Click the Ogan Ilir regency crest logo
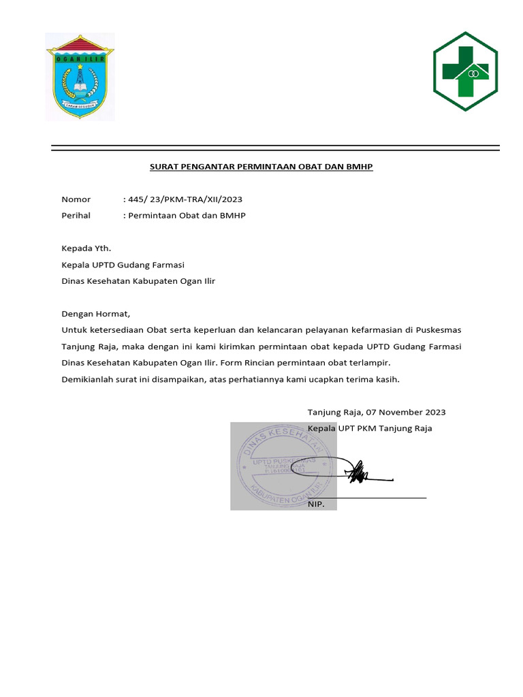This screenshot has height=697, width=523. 80,76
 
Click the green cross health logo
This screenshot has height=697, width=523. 466,71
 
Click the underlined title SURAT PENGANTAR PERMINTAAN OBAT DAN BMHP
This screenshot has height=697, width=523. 261,167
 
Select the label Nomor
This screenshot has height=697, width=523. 76,199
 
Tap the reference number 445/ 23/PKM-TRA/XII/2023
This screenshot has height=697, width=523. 185,199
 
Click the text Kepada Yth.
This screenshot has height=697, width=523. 86,248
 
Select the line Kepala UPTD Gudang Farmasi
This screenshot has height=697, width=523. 123,265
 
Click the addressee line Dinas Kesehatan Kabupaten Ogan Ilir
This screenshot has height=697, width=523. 138,281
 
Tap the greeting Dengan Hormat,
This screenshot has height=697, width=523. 95,314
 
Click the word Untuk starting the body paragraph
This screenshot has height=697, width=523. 74,330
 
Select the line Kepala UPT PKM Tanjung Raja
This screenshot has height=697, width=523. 370,428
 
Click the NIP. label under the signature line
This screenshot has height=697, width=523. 317,504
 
